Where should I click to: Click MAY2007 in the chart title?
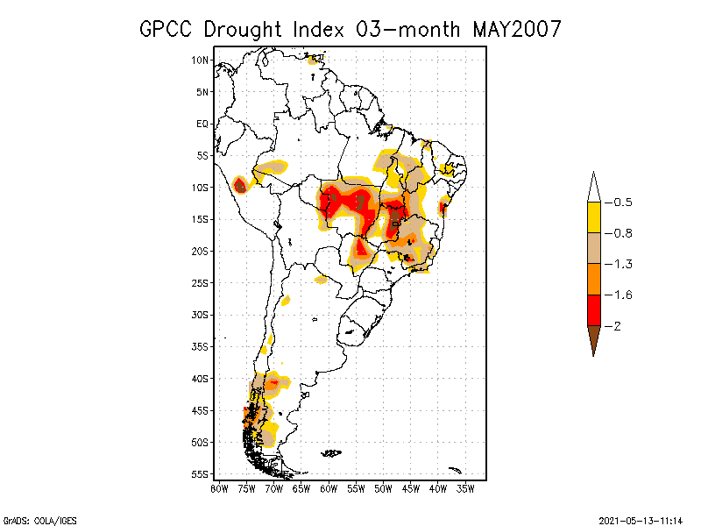(x=516, y=29)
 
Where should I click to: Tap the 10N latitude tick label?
(x=201, y=60)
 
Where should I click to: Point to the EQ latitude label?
(x=202, y=124)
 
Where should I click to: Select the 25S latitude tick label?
(x=201, y=283)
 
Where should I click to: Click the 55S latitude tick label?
(x=201, y=474)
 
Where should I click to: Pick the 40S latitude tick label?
(x=201, y=379)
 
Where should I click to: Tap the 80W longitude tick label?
(x=219, y=488)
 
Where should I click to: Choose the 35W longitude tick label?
(x=465, y=488)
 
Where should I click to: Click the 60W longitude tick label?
(x=329, y=488)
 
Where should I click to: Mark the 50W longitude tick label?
(x=383, y=488)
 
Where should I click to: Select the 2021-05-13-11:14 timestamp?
(x=641, y=520)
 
